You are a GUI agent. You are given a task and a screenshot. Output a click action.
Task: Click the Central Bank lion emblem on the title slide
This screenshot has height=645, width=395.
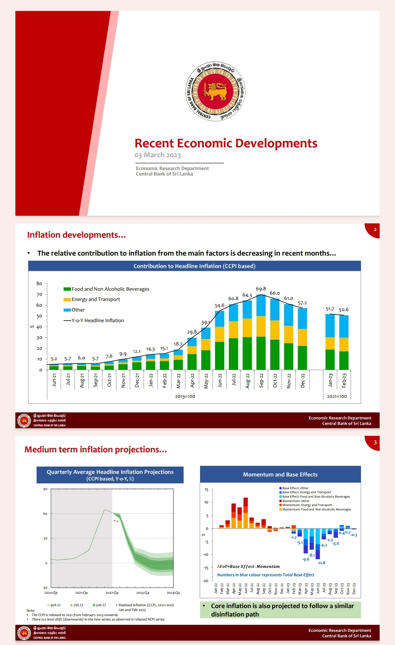(x=215, y=91)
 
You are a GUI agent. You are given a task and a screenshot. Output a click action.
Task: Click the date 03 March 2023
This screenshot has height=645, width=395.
(x=158, y=155)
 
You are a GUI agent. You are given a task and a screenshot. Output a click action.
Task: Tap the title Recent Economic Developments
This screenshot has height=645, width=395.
(x=226, y=143)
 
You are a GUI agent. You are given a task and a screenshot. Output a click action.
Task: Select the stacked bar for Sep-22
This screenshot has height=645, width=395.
(x=261, y=332)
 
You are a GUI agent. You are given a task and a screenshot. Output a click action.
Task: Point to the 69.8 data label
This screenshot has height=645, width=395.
(x=261, y=289)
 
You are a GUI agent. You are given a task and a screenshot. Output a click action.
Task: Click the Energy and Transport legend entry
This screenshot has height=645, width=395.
(x=95, y=299)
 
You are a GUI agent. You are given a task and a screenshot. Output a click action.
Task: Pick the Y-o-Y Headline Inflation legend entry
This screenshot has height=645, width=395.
(x=97, y=321)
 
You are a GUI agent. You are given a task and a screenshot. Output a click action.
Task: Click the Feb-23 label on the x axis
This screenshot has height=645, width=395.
(x=344, y=380)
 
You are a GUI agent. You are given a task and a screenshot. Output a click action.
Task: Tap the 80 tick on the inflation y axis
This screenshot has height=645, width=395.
(x=39, y=283)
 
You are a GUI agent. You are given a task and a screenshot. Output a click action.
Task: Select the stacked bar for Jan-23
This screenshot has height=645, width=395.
(x=330, y=342)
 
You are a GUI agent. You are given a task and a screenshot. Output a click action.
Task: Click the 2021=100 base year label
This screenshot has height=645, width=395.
(x=337, y=396)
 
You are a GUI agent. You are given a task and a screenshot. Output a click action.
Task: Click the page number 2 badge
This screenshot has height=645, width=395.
(x=375, y=230)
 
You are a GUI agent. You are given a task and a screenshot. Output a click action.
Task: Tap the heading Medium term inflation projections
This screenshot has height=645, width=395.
(x=95, y=450)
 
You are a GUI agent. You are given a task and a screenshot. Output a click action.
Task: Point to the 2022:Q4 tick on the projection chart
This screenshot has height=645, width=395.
(x=112, y=593)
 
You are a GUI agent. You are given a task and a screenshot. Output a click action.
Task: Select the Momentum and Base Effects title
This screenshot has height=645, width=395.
(x=280, y=475)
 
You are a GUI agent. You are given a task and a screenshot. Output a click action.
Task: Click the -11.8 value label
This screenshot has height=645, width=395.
(x=321, y=563)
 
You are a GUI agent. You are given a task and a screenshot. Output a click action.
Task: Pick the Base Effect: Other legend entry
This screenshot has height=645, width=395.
(x=295, y=488)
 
